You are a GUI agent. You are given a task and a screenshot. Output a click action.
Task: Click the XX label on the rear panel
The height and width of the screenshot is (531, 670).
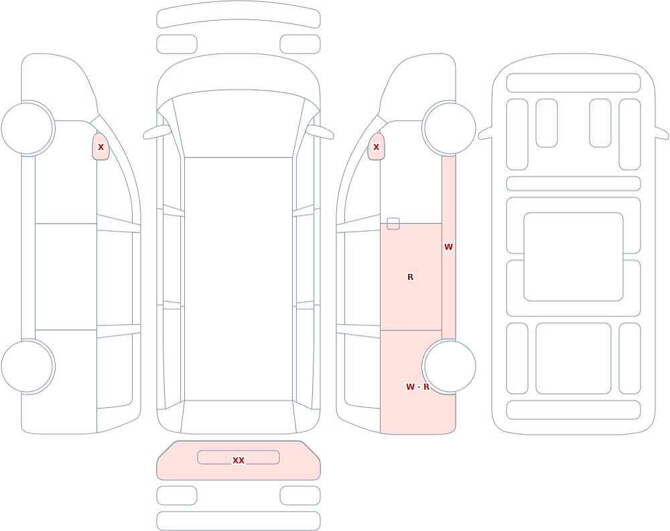[239, 460]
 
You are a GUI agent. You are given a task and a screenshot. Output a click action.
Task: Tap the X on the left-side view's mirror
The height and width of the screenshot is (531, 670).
[101, 147]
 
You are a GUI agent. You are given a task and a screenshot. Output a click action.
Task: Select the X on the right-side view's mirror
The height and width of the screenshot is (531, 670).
[376, 147]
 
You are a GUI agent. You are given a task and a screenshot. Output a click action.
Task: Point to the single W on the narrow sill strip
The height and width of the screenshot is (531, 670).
[448, 246]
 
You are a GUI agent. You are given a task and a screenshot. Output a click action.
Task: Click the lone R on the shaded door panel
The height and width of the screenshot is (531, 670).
[410, 277]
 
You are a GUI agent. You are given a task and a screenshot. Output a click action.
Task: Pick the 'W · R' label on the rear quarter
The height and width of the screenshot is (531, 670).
[417, 386]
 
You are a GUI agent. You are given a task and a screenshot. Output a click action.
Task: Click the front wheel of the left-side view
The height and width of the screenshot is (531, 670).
[27, 128]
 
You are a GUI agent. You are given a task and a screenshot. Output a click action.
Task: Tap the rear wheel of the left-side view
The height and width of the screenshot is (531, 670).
[27, 366]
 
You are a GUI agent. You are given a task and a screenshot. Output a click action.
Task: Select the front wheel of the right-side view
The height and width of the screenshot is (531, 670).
[450, 128]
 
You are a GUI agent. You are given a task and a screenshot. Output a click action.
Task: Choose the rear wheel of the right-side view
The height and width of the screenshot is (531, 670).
[450, 366]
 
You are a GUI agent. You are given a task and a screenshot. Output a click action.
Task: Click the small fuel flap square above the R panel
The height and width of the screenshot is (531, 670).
[393, 224]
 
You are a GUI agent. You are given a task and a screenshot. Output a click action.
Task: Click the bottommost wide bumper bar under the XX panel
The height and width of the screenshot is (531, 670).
[239, 521]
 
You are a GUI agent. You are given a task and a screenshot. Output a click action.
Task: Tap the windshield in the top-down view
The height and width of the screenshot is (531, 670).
[239, 124]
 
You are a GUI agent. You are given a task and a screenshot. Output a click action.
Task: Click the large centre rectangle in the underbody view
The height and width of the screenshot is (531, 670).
[574, 256]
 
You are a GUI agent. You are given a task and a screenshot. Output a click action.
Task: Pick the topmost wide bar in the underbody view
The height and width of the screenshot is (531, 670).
[574, 83]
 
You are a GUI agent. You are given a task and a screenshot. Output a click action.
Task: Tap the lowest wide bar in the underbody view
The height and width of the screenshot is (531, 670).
[574, 410]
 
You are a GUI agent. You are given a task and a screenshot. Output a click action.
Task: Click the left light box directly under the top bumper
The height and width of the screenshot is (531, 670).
[177, 44]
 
